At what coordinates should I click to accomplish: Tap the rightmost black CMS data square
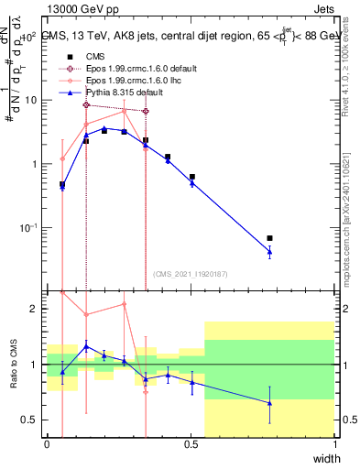269,238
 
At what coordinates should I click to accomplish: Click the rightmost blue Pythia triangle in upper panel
269,252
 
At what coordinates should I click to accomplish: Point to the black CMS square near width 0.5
191,177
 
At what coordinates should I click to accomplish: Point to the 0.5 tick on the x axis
191,444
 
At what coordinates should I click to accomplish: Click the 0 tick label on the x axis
48,444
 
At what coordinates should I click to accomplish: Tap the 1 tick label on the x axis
335,444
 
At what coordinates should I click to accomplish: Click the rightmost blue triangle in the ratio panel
269,403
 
